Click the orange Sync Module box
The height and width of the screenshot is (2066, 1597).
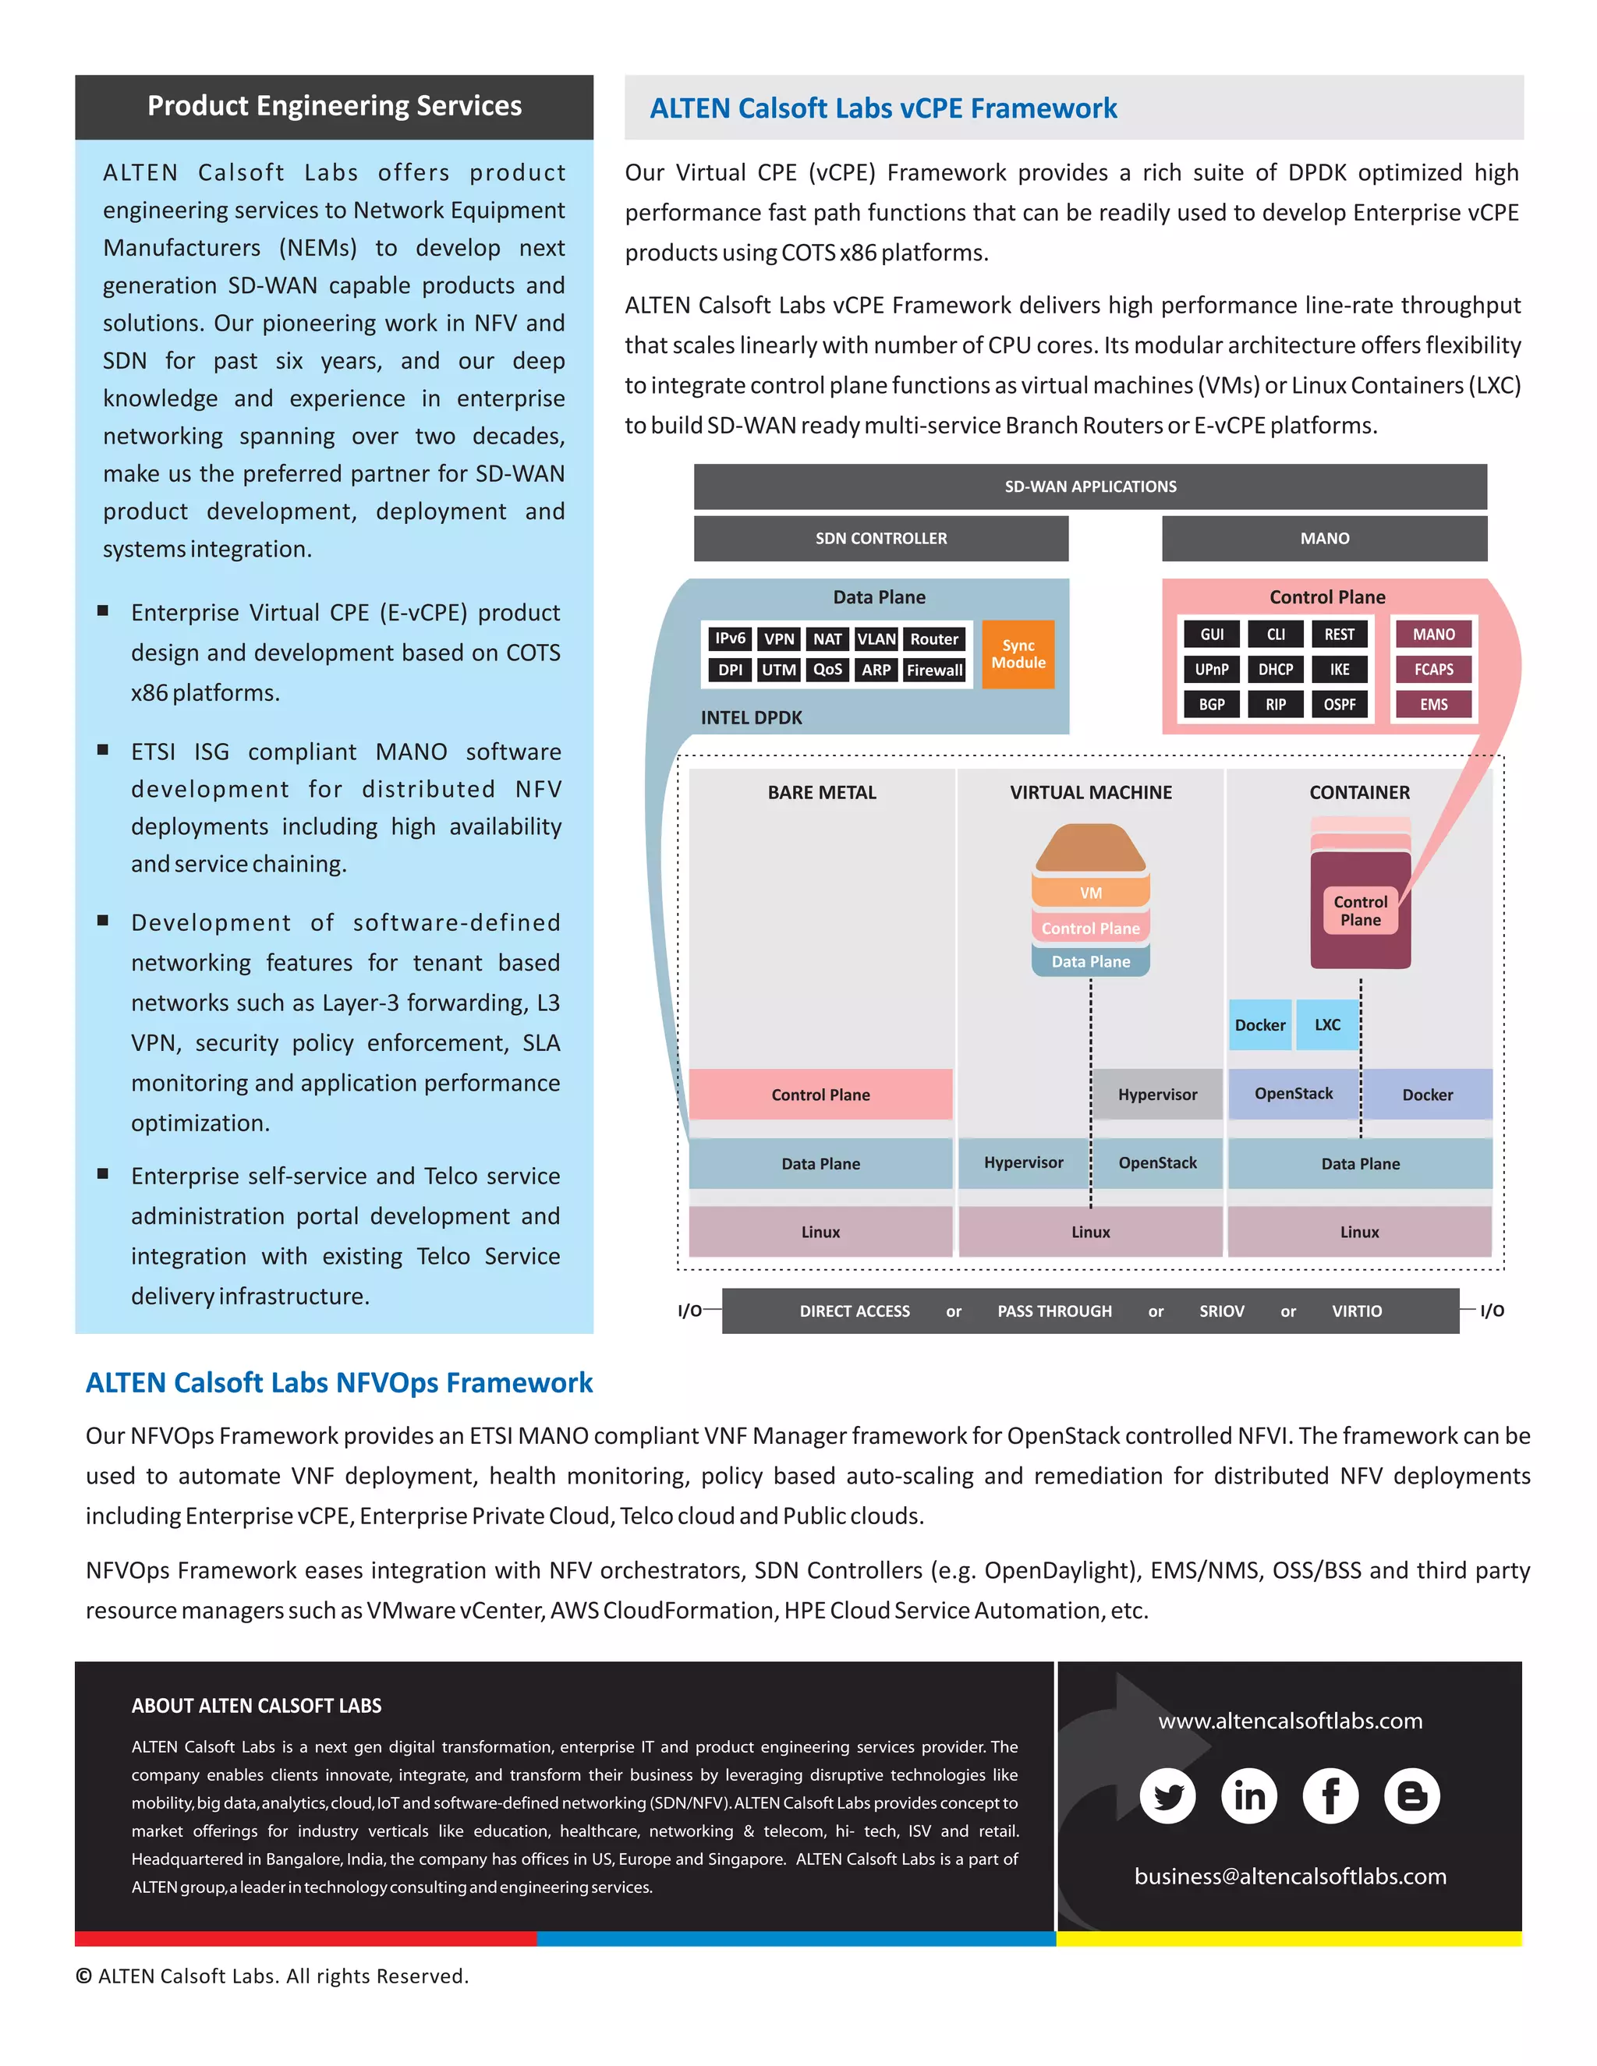(x=1018, y=653)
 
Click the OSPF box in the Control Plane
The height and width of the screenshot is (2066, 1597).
(x=1339, y=705)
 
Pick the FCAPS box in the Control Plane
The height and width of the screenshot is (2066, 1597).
(x=1433, y=670)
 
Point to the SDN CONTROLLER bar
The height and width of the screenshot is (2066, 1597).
(x=881, y=538)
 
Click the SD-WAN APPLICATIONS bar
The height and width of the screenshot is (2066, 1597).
(x=1090, y=486)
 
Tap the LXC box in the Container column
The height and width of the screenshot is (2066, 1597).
(x=1326, y=1024)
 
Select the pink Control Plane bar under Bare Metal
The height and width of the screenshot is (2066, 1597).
(x=820, y=1095)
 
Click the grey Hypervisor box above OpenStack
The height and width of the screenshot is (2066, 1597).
(x=1157, y=1095)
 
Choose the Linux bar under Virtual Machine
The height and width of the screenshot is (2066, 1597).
(x=1090, y=1232)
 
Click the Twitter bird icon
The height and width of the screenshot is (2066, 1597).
(x=1167, y=1795)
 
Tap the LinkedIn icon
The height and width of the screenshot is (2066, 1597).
(x=1249, y=1795)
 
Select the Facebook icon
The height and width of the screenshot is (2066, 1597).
(x=1330, y=1795)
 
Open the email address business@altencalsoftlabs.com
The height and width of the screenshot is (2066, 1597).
(x=1290, y=1877)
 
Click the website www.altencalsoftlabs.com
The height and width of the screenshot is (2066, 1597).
(x=1290, y=1721)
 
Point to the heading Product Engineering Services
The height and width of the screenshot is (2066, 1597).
(x=334, y=106)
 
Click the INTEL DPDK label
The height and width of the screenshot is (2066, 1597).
(x=751, y=718)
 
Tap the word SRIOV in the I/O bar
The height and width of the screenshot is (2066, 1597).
(x=1221, y=1311)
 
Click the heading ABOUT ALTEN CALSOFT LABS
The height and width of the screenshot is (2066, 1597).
(x=257, y=1706)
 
